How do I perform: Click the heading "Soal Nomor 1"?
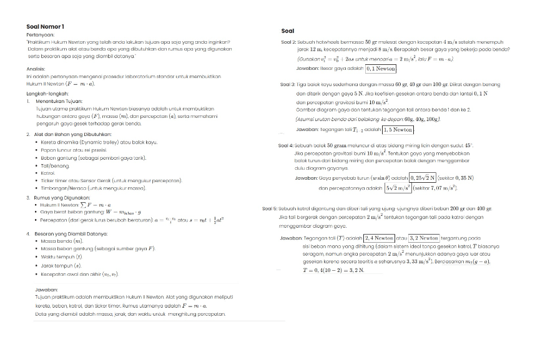pyautogui.click(x=45, y=26)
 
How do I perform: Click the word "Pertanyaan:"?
pyautogui.click(x=41, y=35)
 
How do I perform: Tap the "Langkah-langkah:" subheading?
pyautogui.click(x=46, y=93)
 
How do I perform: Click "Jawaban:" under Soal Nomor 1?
pyautogui.click(x=47, y=290)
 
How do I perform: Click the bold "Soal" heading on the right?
pyautogui.click(x=288, y=31)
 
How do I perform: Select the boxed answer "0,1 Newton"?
pyautogui.click(x=380, y=69)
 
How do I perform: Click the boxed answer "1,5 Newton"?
pyautogui.click(x=397, y=130)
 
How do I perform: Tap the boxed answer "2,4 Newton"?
pyautogui.click(x=379, y=238)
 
